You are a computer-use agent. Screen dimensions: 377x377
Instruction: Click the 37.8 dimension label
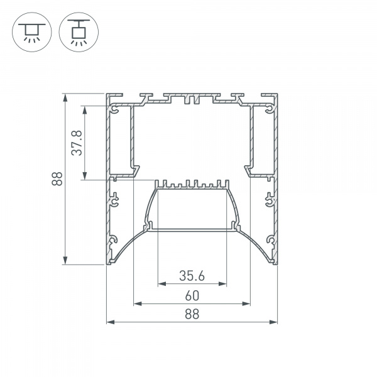click(x=77, y=143)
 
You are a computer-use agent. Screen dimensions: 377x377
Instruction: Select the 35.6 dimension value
click(x=192, y=276)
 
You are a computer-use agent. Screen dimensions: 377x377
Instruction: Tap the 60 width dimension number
click(x=192, y=296)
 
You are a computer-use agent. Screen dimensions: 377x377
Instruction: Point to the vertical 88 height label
click(x=57, y=178)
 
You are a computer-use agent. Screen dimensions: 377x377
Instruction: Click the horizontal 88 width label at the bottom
click(x=192, y=314)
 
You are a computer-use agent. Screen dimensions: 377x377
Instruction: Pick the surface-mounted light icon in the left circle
click(x=32, y=32)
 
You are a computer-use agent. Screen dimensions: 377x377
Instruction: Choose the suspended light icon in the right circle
click(x=79, y=32)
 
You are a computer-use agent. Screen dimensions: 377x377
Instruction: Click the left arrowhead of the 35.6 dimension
click(x=162, y=284)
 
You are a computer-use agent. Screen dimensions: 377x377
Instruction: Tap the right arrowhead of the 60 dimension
click(x=246, y=304)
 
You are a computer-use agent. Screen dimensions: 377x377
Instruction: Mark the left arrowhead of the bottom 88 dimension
click(x=111, y=322)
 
